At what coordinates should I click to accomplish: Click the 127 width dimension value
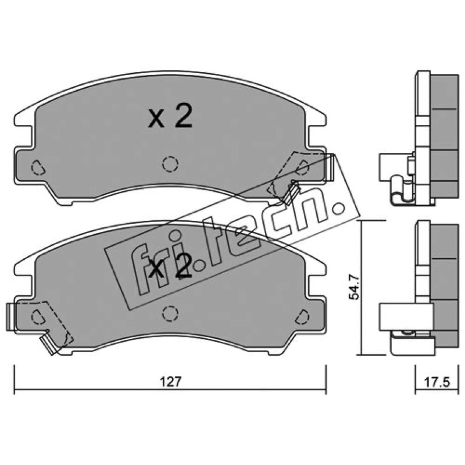170,381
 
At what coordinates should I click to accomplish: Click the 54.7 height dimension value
354,287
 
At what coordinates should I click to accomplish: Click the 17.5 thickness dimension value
437,382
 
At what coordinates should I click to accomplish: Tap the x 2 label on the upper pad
170,116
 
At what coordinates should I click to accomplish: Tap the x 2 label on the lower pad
170,266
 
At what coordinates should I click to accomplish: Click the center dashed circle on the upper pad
170,164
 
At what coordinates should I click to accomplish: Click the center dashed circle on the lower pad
170,313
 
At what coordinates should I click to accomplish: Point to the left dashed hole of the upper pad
38,167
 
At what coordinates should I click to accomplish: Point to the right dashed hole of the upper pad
302,167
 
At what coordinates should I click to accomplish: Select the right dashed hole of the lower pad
302,317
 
